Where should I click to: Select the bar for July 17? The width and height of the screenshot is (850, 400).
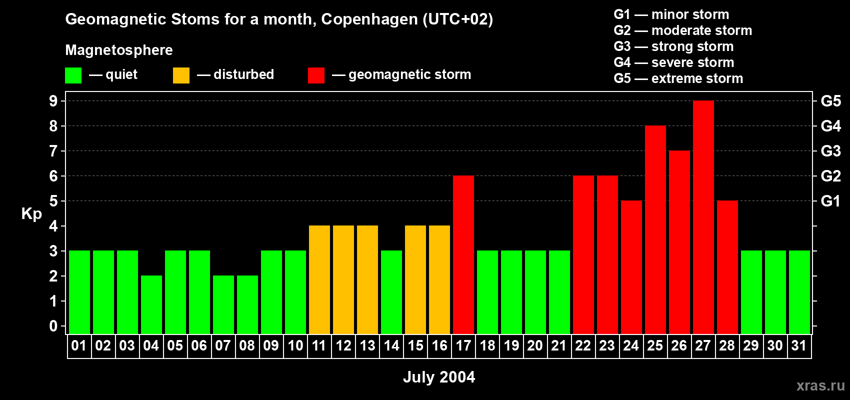click(463, 254)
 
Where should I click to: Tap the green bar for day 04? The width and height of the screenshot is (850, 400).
click(151, 304)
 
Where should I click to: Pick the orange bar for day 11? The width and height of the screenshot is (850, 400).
click(319, 279)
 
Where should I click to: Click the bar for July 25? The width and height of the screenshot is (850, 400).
click(655, 229)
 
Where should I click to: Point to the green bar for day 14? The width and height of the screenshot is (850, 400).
click(391, 292)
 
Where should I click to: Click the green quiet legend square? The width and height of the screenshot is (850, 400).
click(73, 75)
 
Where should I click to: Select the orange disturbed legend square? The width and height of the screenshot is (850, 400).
click(181, 75)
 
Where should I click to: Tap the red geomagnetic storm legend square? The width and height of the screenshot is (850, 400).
click(316, 75)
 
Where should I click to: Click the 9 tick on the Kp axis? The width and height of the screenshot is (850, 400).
click(53, 101)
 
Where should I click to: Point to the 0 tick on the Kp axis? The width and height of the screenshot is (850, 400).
click(53, 326)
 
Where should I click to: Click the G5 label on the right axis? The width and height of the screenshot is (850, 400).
click(830, 101)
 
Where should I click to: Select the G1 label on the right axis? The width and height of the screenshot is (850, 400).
click(830, 201)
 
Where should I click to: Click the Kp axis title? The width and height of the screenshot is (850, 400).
click(31, 213)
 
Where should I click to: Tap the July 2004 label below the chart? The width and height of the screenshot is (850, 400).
click(439, 377)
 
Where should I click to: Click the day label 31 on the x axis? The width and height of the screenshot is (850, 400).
click(799, 345)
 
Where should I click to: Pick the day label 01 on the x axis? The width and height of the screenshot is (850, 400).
click(79, 345)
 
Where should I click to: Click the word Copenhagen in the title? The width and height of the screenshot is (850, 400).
click(369, 19)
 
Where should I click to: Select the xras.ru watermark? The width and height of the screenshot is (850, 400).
click(820, 385)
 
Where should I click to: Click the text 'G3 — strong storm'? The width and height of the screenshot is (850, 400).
click(673, 46)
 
